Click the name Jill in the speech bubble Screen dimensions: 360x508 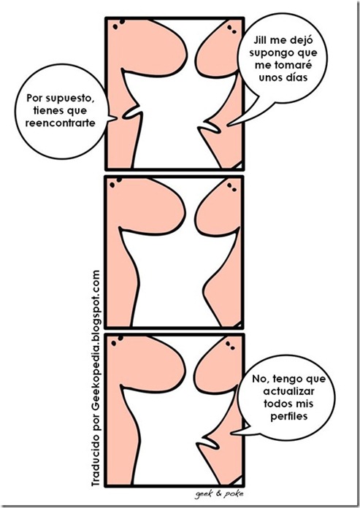click(x=260, y=40)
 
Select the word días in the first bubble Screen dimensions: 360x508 click(x=296, y=77)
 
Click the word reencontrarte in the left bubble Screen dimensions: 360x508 click(x=61, y=123)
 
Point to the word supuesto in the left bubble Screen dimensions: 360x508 click(x=70, y=98)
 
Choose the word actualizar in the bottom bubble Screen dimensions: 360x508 click(x=288, y=391)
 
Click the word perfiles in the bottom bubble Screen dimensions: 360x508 click(x=288, y=416)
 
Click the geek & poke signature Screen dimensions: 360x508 click(x=219, y=494)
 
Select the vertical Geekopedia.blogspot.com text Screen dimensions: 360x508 click(x=96, y=331)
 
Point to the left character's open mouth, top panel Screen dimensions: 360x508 click(x=132, y=113)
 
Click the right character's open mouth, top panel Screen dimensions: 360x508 click(x=210, y=127)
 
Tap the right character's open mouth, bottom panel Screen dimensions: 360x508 click(x=208, y=443)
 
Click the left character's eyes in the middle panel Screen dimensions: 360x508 click(x=115, y=182)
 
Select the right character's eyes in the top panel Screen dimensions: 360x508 click(x=232, y=29)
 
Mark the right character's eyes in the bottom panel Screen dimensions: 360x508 click(x=230, y=346)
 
